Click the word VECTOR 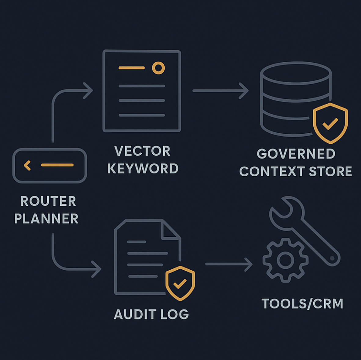[142, 151]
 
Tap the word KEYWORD [143, 169]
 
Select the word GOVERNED [296, 154]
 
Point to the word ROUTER [48, 201]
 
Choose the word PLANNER [46, 219]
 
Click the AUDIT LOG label [151, 315]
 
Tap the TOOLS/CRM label [302, 304]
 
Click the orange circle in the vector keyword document [158, 68]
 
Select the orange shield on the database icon [330, 123]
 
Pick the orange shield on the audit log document [180, 283]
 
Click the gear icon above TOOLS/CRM [285, 260]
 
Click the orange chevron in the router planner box [27, 165]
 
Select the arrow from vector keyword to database [220, 91]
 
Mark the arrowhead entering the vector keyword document [89, 91]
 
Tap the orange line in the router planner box [57, 165]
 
